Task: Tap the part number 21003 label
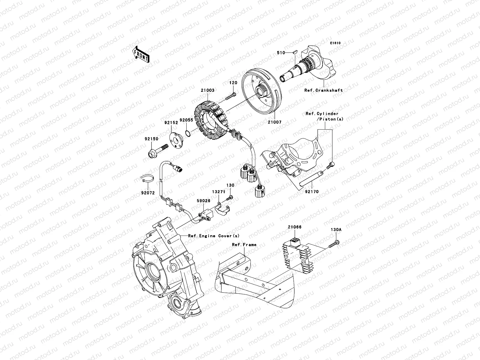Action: pos(208,90)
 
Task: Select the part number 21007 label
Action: pos(275,122)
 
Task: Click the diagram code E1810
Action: pos(335,43)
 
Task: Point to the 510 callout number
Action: pos(280,53)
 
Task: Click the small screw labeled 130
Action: pos(230,197)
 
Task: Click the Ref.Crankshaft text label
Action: pos(323,90)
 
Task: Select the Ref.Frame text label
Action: pos(244,244)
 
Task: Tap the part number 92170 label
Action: pos(312,191)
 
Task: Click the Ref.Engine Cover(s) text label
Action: pos(214,235)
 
